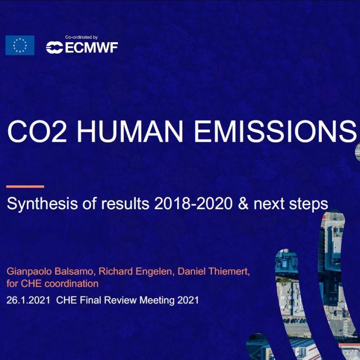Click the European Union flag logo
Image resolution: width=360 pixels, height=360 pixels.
tap(20, 45)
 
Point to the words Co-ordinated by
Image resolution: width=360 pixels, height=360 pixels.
tap(81, 37)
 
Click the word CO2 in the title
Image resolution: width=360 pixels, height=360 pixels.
tap(37, 131)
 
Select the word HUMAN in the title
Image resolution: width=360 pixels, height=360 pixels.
tap(130, 131)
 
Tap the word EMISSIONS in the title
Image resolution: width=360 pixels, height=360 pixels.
tap(275, 131)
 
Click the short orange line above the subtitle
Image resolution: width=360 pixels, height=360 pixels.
tap(25, 186)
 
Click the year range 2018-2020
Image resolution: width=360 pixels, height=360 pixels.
tap(193, 203)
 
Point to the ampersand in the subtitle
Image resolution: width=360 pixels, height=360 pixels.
tap(243, 203)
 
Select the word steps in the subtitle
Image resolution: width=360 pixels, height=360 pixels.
tap(308, 204)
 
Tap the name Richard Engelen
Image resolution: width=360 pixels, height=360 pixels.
tap(135, 272)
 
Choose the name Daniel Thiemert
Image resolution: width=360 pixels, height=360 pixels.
tap(213, 272)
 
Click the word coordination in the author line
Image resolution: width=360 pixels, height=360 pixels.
tap(72, 284)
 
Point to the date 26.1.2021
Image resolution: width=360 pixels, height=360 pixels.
tap(28, 300)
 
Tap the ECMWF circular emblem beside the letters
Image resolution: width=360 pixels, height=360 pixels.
tap(54, 48)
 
